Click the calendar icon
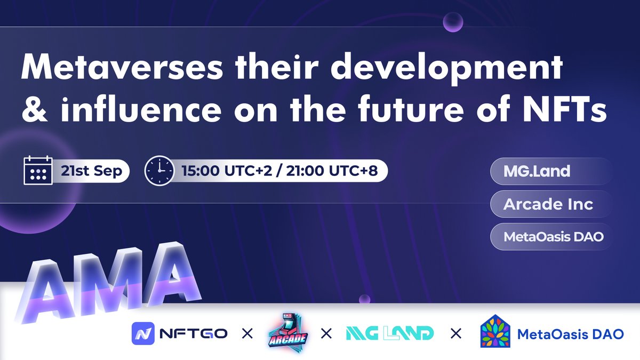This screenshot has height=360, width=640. pos(38,170)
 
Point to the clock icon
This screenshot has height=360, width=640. pos(158,170)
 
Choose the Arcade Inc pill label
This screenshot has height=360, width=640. pos(549,204)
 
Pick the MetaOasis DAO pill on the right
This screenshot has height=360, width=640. pos(554,236)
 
